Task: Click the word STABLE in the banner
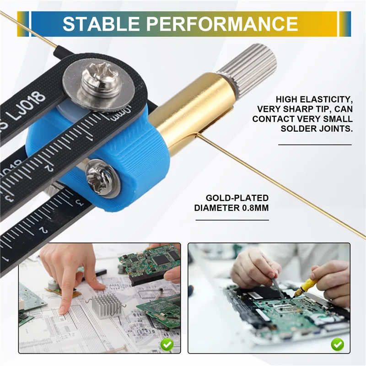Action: pos(101,24)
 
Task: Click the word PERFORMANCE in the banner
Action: pos(222,24)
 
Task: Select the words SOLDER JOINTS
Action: pos(317,129)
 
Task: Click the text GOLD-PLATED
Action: pos(237,198)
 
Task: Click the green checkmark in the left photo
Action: pos(167,344)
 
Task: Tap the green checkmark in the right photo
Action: pos(338,344)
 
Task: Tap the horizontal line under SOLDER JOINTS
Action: pos(315,145)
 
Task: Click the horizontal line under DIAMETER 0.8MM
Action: pos(232,220)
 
